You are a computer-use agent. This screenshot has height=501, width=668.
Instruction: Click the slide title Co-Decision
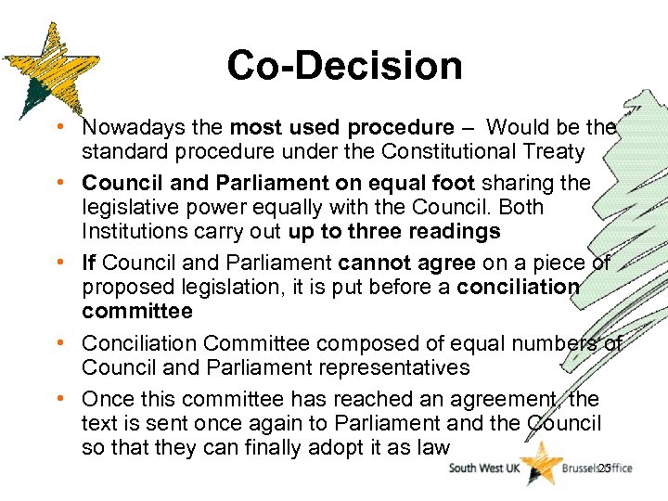pos(344,66)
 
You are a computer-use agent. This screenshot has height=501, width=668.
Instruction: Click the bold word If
pos(91,263)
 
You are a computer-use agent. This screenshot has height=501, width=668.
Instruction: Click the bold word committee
pos(137,311)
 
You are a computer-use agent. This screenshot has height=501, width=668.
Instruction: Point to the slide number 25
pos(603,468)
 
